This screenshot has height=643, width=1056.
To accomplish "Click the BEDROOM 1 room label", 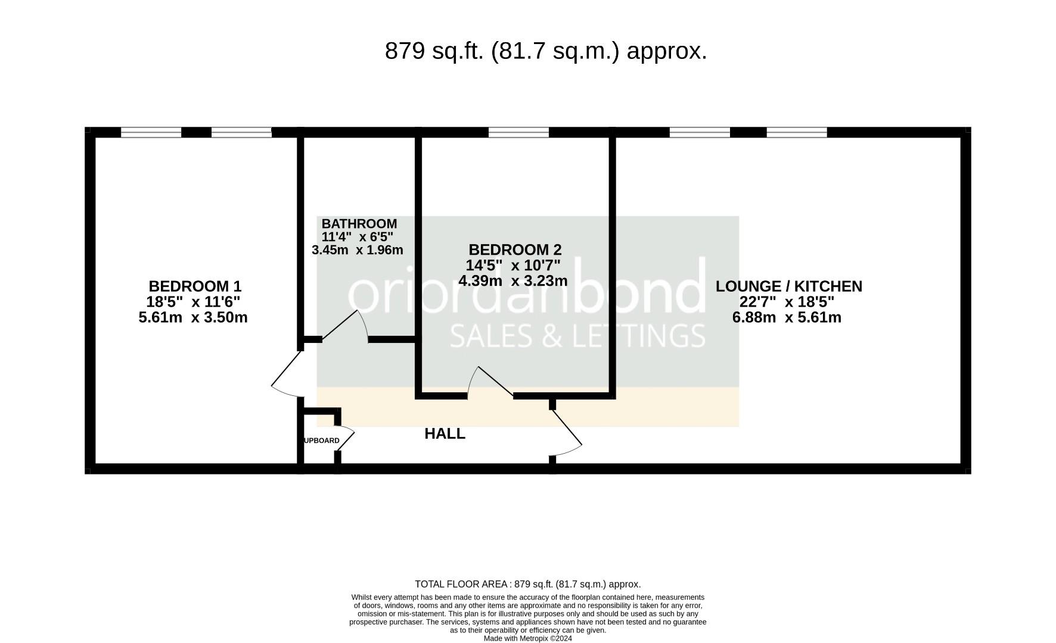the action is tap(195, 286).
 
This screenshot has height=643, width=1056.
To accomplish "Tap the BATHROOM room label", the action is tap(359, 224).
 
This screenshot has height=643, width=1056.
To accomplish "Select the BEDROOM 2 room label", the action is tap(515, 249).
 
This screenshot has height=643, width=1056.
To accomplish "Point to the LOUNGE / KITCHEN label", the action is tap(788, 286).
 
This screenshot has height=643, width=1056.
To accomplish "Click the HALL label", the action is tap(445, 434).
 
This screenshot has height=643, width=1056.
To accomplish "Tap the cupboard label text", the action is tap(322, 441).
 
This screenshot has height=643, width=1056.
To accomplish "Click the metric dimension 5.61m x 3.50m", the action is tap(193, 317).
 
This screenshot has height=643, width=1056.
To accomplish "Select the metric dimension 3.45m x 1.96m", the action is tap(358, 250).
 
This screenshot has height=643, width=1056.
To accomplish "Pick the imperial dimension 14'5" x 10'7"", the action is tap(513, 265).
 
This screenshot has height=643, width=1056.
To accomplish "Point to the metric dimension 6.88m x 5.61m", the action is tap(787, 317).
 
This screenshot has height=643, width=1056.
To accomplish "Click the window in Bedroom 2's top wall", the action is tap(518, 132).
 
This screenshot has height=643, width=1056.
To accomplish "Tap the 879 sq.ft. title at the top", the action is tap(546, 51).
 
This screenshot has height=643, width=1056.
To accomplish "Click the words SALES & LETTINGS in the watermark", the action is tap(577, 336).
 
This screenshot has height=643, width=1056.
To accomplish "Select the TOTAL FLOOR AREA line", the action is tap(528, 585).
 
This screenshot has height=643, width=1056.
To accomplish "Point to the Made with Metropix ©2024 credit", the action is tap(528, 638).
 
